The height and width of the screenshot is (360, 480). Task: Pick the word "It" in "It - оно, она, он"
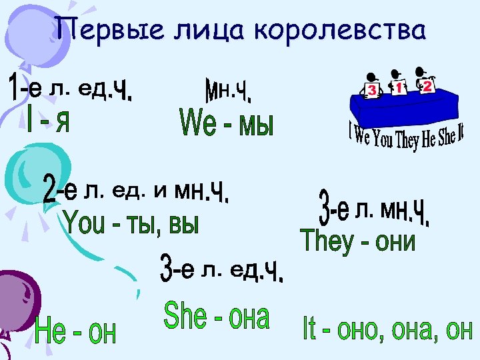[311, 328]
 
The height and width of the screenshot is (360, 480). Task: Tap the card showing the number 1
[399, 87]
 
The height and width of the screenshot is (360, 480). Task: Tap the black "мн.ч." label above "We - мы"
[227, 90]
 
